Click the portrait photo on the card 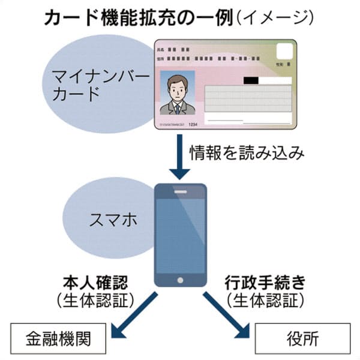177,95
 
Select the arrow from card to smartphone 180,156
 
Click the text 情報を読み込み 246,152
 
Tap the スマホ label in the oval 114,219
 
